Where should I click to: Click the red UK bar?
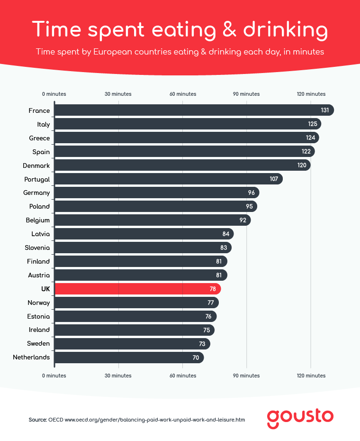coord(137,289)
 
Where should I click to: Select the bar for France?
coord(189,110)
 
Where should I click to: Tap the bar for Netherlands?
coord(128,358)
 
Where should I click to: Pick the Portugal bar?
coord(166,179)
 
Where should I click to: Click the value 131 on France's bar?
coord(324,110)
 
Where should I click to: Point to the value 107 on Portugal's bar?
coord(273,179)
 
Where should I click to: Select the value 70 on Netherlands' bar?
coord(196,358)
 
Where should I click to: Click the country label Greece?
coord(39,138)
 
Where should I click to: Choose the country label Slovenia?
coord(37,248)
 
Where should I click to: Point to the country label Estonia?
coord(39,316)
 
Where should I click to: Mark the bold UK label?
coord(45,289)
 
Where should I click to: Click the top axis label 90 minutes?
coord(246,94)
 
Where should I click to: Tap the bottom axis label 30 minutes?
coord(118,376)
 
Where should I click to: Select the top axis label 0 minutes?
coord(54,94)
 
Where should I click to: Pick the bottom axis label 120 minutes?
coord(311,376)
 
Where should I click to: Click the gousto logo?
coord(300,417)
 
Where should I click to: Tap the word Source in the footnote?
coord(37,420)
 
